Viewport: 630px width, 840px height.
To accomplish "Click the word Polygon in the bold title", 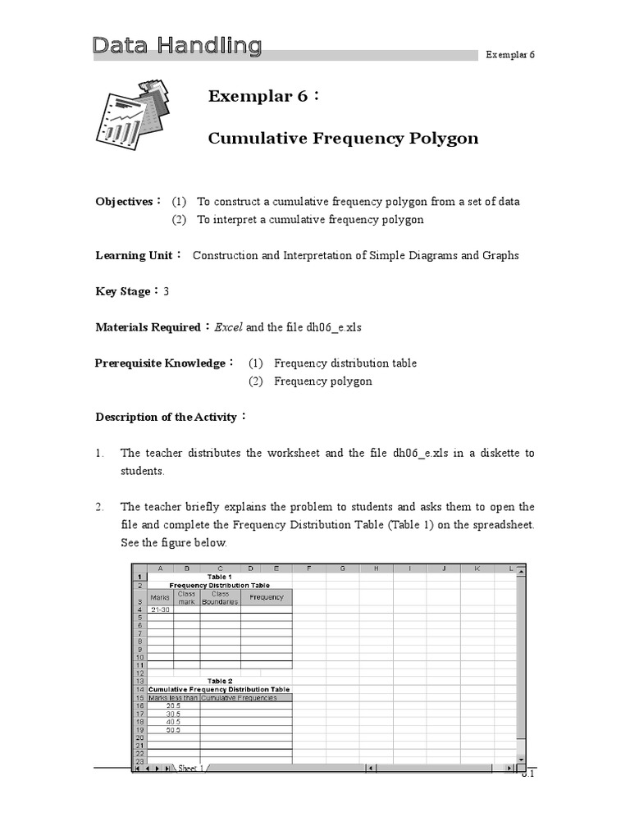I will [443, 138].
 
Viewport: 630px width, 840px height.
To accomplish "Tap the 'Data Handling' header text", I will [176, 46].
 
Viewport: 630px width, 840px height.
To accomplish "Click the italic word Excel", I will [229, 327].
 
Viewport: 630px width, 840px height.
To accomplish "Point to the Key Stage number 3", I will [166, 291].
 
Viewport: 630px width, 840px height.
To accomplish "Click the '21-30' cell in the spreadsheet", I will [160, 609].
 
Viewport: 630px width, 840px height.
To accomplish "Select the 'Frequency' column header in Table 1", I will [267, 597].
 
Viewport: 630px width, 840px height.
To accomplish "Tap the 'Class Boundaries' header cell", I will [220, 598].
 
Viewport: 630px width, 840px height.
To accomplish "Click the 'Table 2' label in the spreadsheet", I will [220, 681].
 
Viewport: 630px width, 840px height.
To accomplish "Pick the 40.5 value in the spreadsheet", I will [172, 722].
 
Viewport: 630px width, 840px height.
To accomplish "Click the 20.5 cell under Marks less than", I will [172, 705].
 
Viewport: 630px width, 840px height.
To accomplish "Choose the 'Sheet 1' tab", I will [189, 769].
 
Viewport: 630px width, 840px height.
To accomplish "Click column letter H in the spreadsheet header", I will [375, 568].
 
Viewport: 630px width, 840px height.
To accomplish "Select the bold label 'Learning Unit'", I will [133, 255].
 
